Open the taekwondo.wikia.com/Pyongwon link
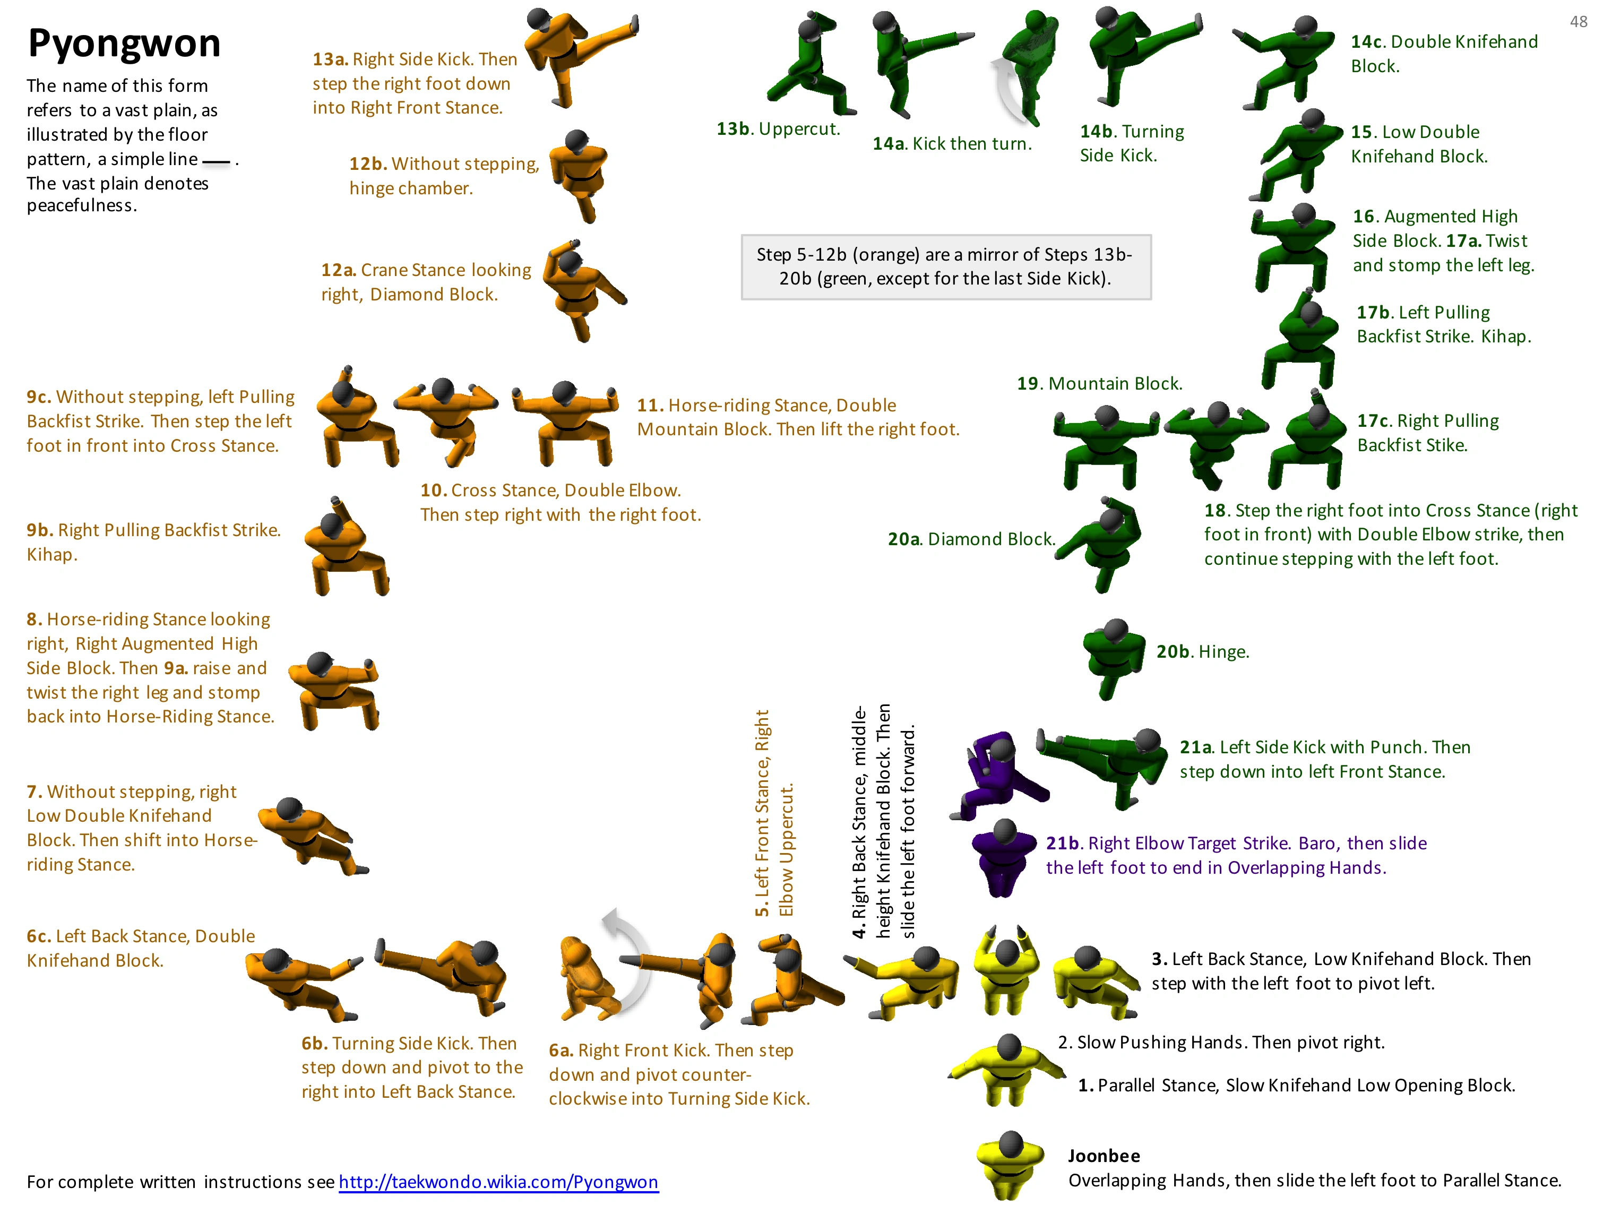coord(498,1182)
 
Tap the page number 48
coord(1579,22)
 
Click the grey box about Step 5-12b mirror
coord(946,266)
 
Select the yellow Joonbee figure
coord(1010,1164)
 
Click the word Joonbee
coord(1104,1156)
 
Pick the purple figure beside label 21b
coord(1003,857)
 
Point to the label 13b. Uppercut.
coord(778,129)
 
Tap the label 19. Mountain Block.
coord(1099,383)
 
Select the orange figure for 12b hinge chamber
coord(578,175)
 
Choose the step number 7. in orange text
coord(34,791)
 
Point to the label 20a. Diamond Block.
coord(971,539)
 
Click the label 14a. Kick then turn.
coord(952,143)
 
